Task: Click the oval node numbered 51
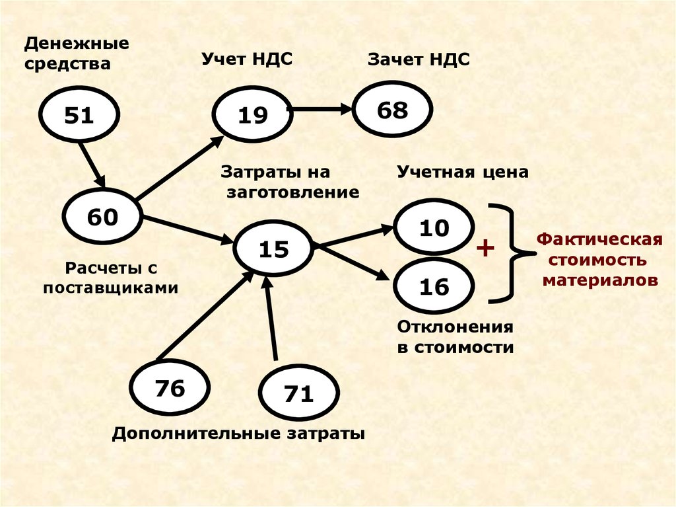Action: coord(79,116)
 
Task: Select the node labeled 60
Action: coord(102,216)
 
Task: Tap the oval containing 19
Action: coord(253,116)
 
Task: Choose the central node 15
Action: coord(273,249)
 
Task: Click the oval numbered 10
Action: coord(434,228)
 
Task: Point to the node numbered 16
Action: coord(434,286)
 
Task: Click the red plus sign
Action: coord(485,249)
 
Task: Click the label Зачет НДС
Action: coord(419,60)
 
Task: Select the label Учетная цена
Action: coord(463,173)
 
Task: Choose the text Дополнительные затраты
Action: coord(238,434)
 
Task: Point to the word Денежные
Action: coord(77,44)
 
